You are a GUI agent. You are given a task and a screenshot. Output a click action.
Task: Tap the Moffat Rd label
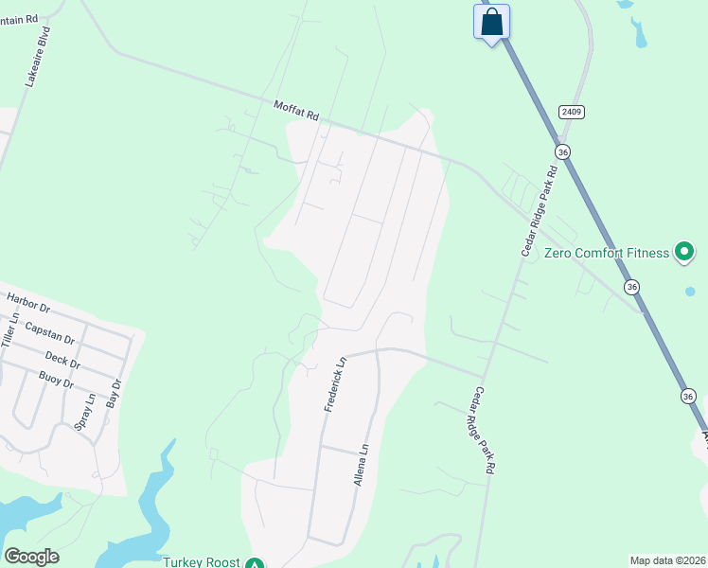coord(296,110)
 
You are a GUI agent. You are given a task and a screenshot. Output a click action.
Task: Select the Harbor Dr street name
coord(27,303)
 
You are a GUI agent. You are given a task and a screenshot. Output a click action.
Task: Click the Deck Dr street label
coord(62,360)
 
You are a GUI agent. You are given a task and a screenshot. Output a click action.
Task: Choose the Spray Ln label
coord(85,414)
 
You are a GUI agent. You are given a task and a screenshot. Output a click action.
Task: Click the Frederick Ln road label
coord(335,383)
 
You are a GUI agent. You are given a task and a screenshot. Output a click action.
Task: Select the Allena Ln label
coord(360,467)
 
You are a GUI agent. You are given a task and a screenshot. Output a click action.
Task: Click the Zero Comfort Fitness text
coord(606,253)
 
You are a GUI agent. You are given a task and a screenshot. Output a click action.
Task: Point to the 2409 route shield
coord(571,112)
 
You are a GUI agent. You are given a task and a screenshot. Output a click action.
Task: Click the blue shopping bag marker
coord(491,22)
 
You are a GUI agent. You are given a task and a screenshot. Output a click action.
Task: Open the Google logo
coord(31,557)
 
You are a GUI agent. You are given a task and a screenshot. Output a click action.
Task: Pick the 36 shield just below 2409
coord(563,151)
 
